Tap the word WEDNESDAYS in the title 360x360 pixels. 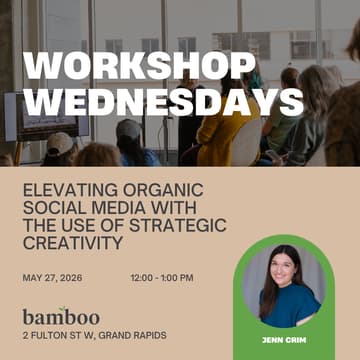[163, 100]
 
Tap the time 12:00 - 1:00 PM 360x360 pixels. [162, 277]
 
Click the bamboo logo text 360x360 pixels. [61, 316]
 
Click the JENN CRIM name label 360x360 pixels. [284, 340]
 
